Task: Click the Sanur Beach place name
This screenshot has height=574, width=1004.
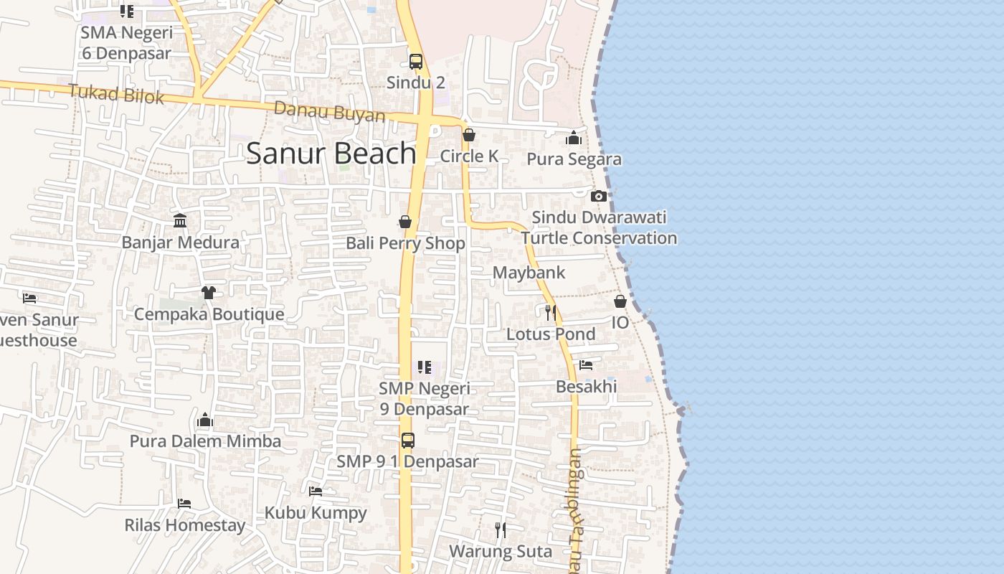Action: (331, 154)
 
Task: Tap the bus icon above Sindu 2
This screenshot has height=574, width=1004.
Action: (416, 62)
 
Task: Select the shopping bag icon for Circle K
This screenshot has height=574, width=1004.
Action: (469, 135)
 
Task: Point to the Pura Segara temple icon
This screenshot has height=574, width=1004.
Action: (574, 138)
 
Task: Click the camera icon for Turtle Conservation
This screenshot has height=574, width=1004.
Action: (599, 196)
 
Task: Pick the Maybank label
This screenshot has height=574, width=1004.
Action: (529, 273)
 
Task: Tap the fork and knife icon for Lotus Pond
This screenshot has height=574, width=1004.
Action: (551, 312)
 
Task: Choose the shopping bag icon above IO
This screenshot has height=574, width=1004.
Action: (620, 301)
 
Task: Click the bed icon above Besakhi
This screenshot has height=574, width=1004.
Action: (586, 365)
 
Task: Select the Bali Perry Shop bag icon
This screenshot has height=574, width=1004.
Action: (405, 222)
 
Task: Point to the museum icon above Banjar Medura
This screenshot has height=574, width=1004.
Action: (180, 220)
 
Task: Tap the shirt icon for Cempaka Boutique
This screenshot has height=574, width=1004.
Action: (208, 292)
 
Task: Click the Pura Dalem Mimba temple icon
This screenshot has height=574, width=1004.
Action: (205, 420)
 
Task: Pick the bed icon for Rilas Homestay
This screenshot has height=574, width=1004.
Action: (184, 504)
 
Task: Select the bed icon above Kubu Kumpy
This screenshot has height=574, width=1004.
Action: (316, 491)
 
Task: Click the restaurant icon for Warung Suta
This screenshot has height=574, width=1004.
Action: (501, 530)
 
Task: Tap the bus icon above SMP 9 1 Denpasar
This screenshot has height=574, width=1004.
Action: (407, 440)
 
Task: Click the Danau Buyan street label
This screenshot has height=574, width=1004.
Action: (329, 112)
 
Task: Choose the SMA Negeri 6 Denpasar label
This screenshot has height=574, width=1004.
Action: (126, 43)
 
